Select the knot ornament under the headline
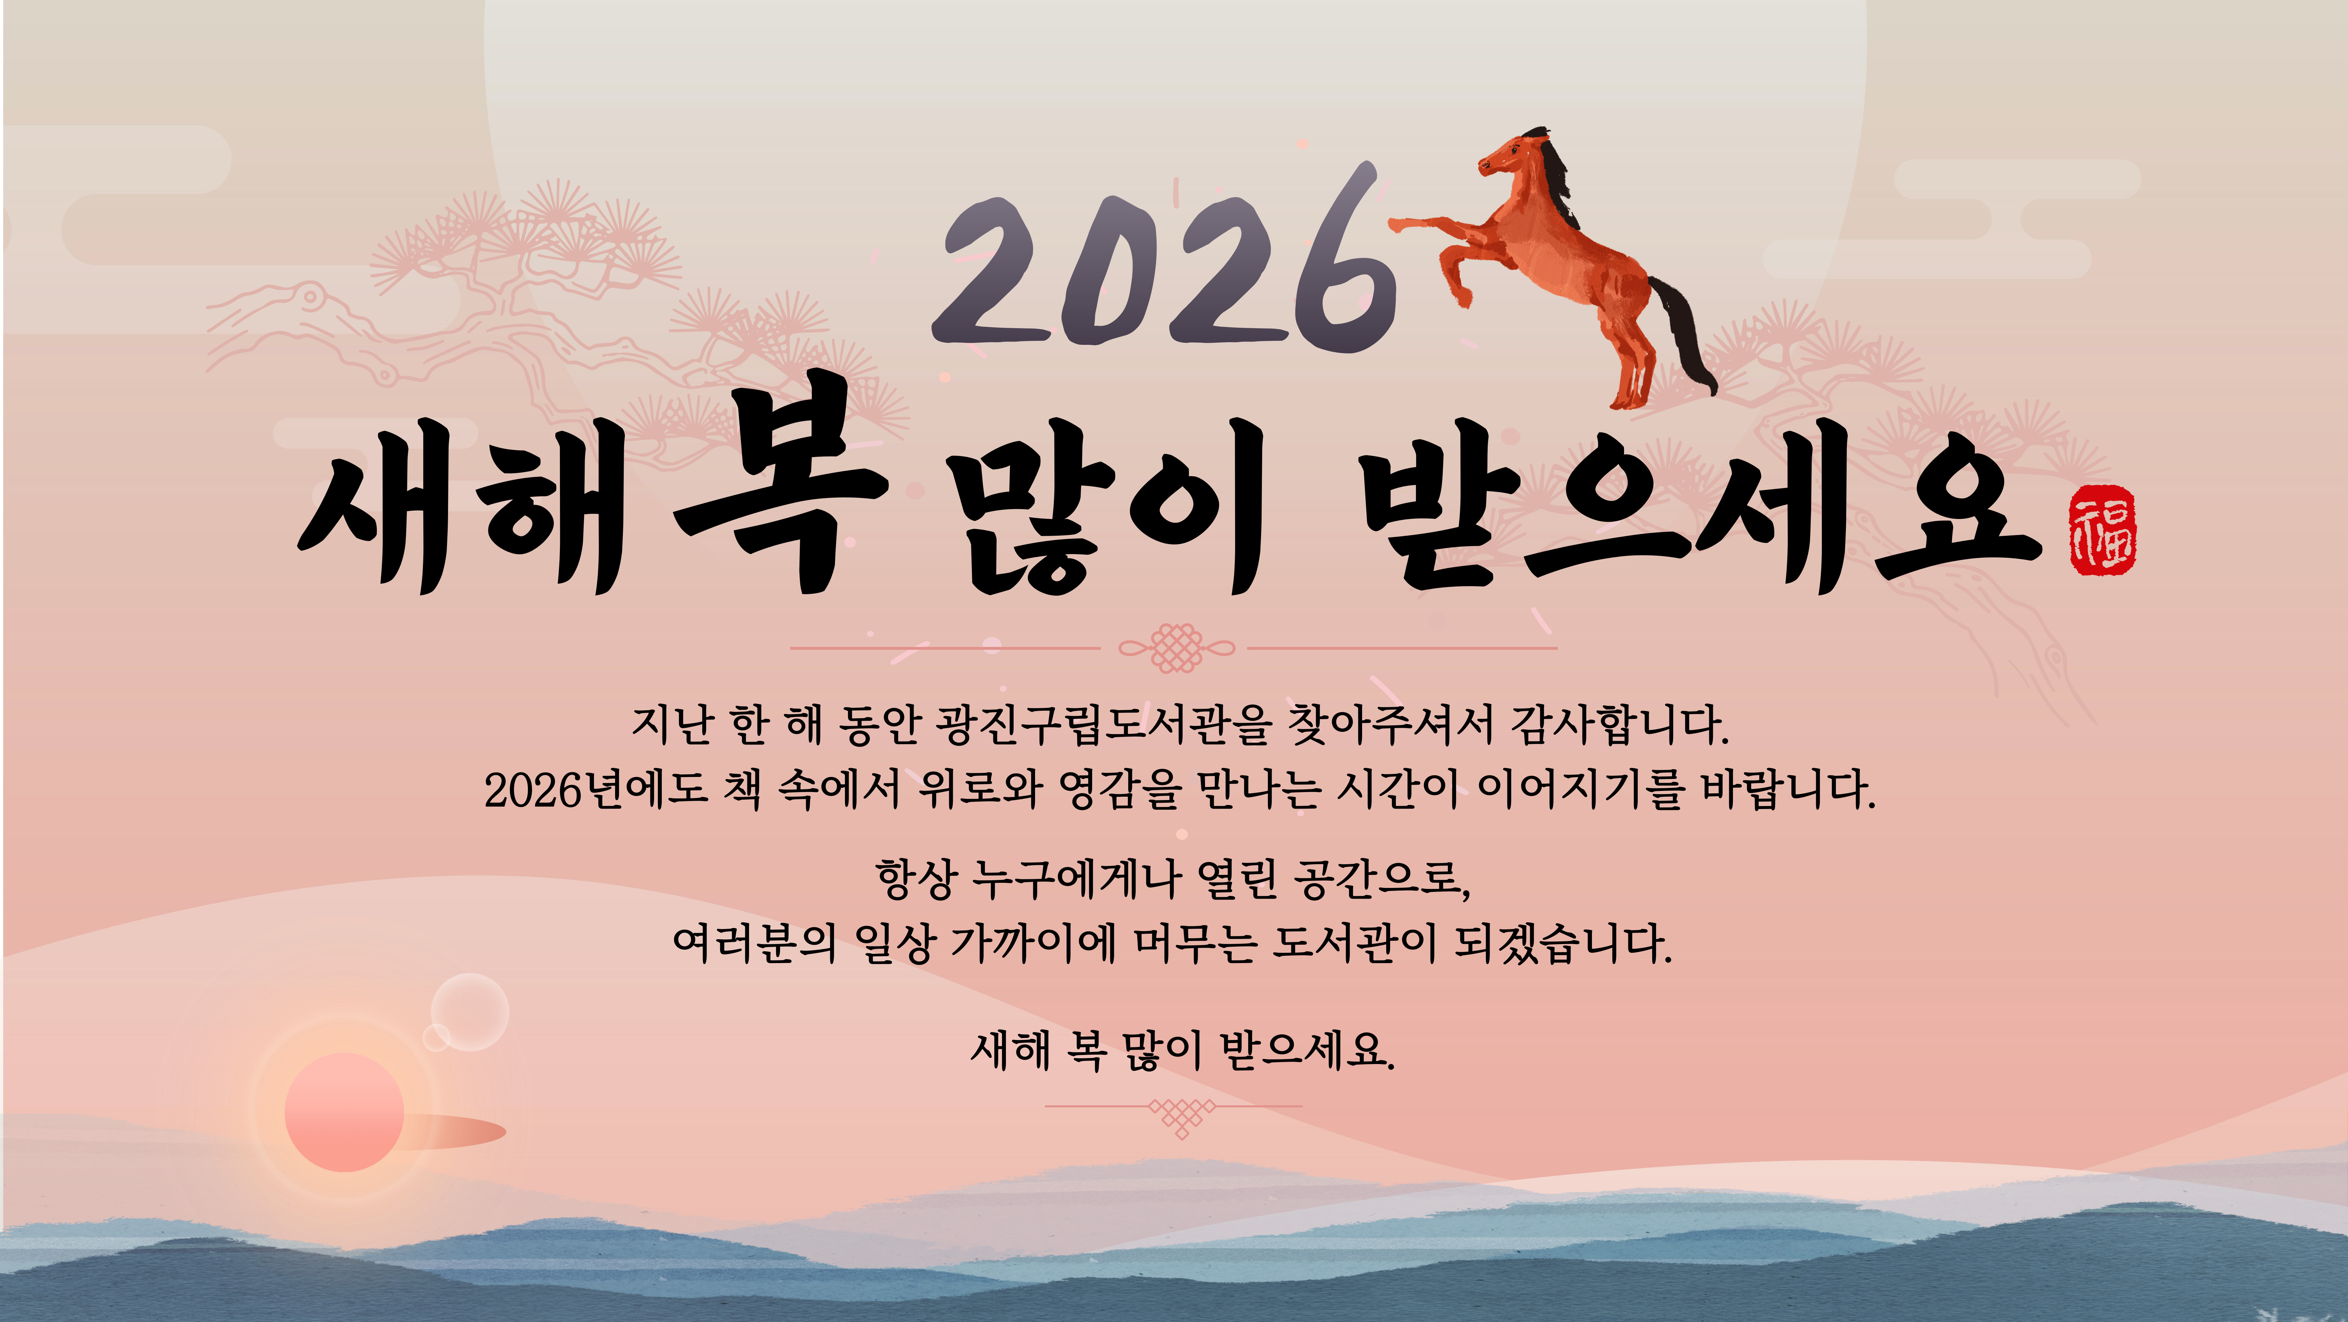(x=1176, y=648)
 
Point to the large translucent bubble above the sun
(x=469, y=1012)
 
